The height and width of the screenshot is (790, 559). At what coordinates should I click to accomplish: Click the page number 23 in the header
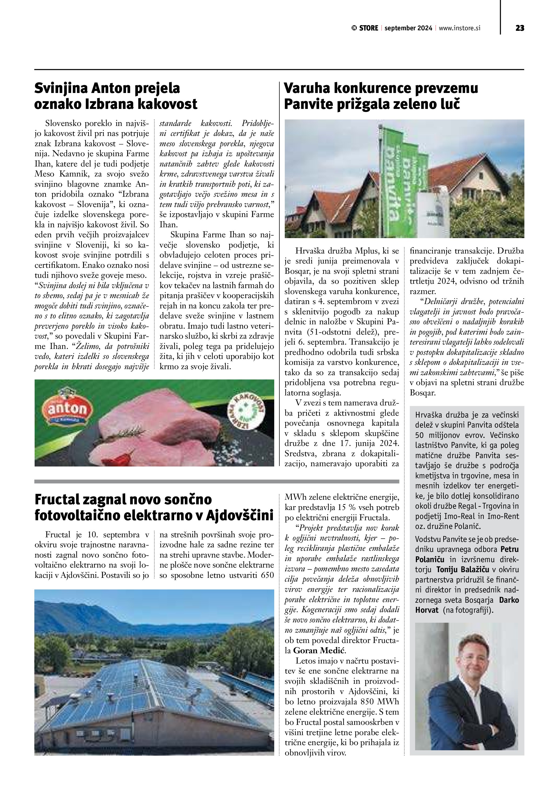520,28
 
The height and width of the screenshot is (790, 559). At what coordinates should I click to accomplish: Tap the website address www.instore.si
459,28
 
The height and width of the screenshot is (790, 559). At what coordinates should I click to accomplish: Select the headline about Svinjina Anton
116,96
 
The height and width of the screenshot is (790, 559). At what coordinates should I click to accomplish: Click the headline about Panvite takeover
381,96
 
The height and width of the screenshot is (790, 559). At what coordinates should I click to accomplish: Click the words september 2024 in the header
408,28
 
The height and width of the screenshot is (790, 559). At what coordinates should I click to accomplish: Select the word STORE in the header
368,28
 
